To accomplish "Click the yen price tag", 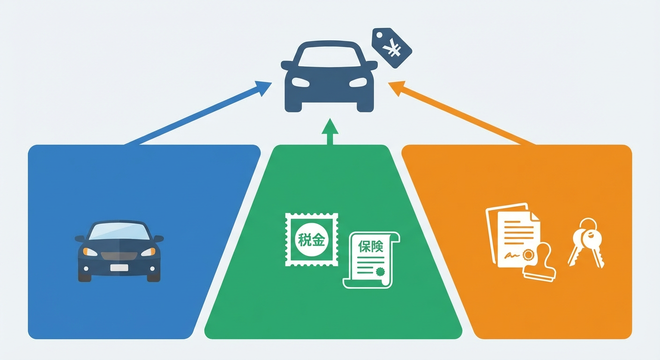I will click(x=392, y=47).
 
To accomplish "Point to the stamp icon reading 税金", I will click(x=311, y=240).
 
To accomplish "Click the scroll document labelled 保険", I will click(x=371, y=259).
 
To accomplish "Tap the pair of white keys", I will click(x=586, y=244).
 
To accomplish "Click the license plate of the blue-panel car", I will click(x=119, y=268).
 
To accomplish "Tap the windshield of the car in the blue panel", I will click(x=119, y=231).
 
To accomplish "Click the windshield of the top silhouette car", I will click(x=330, y=56).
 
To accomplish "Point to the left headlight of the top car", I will click(x=300, y=82).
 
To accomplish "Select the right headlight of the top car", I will click(x=358, y=82).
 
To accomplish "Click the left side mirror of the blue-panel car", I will click(x=80, y=239).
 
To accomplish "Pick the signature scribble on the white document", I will click(x=513, y=255).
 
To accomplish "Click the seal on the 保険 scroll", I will click(x=380, y=271).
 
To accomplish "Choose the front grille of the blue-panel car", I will click(x=119, y=256).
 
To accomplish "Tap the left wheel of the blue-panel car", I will click(x=85, y=276).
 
